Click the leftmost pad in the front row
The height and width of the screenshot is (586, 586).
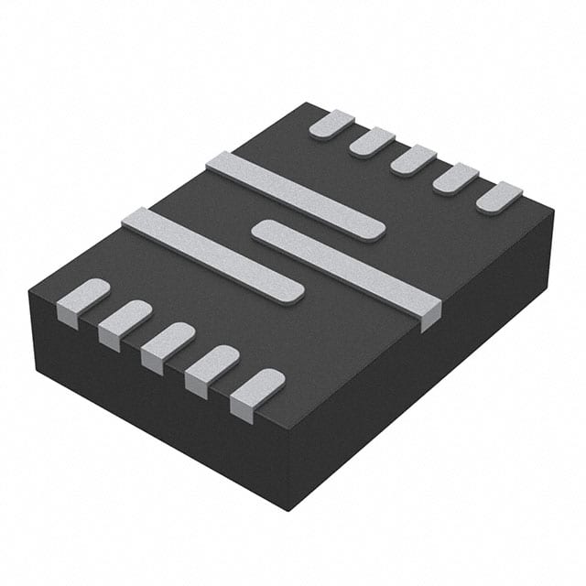click(83, 298)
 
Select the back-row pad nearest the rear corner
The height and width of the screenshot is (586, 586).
click(331, 124)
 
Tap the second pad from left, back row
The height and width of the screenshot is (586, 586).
click(372, 142)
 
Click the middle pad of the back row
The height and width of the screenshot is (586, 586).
click(414, 159)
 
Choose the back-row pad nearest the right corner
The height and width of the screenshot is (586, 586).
click(499, 197)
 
